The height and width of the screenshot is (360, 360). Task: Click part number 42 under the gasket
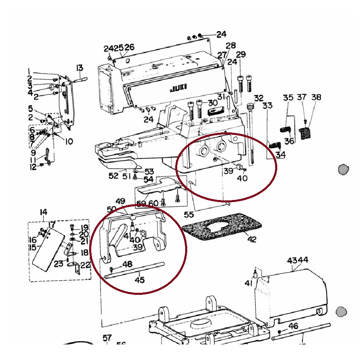point(252,240)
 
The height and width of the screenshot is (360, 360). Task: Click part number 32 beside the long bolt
point(259,98)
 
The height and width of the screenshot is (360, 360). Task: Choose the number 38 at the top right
point(316,97)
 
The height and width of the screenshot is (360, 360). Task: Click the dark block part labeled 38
point(306,133)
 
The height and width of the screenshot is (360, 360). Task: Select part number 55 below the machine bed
point(189,215)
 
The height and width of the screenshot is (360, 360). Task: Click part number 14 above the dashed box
point(44,212)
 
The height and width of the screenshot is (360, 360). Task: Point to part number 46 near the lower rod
point(293,326)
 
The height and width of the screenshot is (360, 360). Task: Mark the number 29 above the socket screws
point(241,54)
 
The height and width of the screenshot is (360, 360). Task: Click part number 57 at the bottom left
point(107,338)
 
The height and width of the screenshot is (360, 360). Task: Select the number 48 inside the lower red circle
point(127,264)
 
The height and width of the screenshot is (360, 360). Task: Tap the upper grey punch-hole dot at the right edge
point(343,169)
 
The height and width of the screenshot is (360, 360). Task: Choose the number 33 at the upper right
point(267,106)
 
